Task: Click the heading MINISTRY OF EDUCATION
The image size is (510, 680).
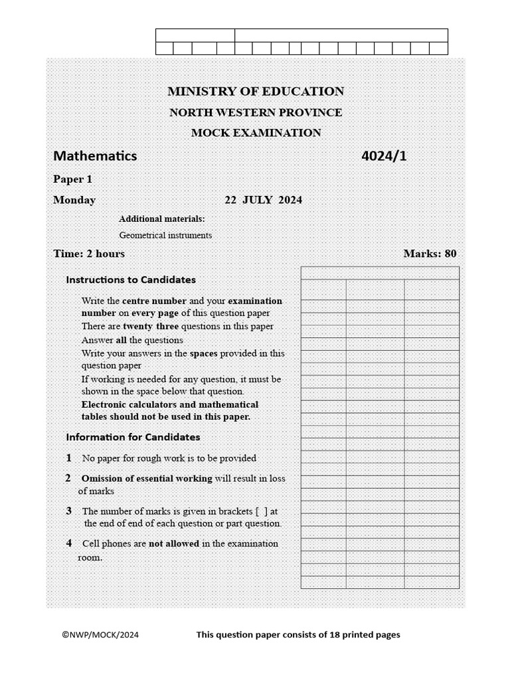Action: pyautogui.click(x=256, y=92)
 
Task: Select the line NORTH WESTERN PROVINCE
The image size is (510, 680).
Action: pyautogui.click(x=256, y=112)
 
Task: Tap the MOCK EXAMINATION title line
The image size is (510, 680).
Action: pyautogui.click(x=256, y=133)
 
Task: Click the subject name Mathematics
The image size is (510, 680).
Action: pyautogui.click(x=95, y=156)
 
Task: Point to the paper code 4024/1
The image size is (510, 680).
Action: pyautogui.click(x=383, y=156)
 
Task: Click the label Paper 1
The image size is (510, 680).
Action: pyautogui.click(x=72, y=179)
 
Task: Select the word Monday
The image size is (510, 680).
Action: pyautogui.click(x=74, y=200)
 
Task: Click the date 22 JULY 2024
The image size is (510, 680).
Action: pyautogui.click(x=263, y=200)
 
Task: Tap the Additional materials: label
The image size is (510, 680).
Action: pyautogui.click(x=161, y=219)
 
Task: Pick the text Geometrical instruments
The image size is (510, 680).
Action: pyautogui.click(x=165, y=235)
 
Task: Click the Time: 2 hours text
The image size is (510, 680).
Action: pyautogui.click(x=89, y=254)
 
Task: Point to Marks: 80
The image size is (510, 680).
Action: pyautogui.click(x=430, y=254)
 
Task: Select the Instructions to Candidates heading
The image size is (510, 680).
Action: pyautogui.click(x=131, y=280)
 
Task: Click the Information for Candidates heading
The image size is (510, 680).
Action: pyautogui.click(x=133, y=437)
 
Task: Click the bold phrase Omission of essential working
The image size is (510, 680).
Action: pyautogui.click(x=147, y=478)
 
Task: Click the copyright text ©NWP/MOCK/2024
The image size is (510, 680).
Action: pyautogui.click(x=100, y=635)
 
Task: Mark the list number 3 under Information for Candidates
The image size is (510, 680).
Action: pyautogui.click(x=69, y=511)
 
